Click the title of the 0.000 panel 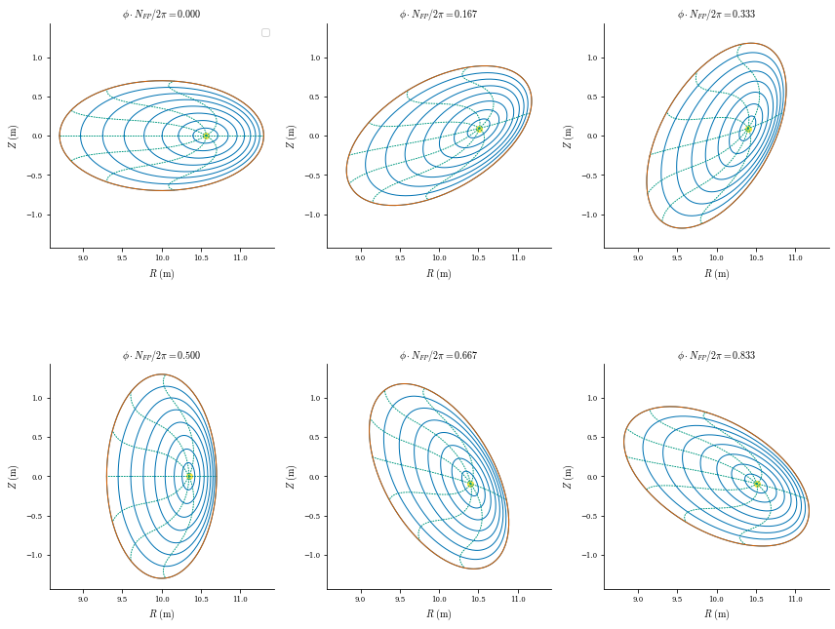[162, 15]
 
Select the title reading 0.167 [438, 15]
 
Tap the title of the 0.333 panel [716, 15]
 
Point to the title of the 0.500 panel [162, 355]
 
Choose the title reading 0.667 [438, 355]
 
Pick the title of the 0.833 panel [716, 355]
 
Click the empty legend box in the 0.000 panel [265, 33]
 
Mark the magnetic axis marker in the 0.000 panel [206, 136]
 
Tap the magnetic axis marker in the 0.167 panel [479, 129]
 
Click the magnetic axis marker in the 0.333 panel [748, 129]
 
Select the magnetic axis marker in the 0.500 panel [189, 476]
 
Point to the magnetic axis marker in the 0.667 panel [471, 484]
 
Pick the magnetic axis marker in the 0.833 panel [757, 484]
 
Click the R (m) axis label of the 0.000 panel [162, 274]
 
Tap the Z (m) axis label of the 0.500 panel [13, 477]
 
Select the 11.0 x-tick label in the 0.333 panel [795, 257]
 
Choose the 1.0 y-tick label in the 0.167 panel [316, 58]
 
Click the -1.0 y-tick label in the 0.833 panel [590, 555]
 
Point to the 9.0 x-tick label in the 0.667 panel [361, 599]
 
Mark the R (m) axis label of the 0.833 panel [716, 614]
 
